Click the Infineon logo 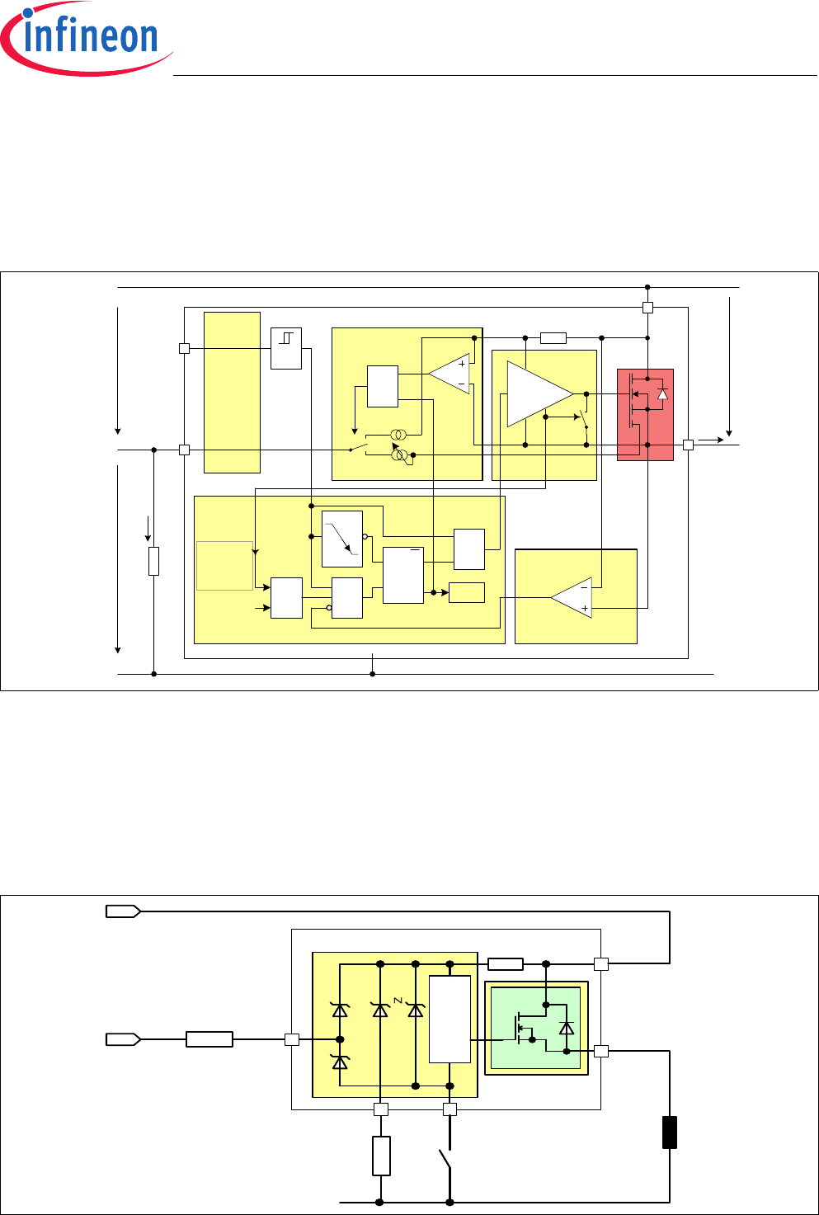pyautogui.click(x=86, y=38)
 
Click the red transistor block pyautogui.click(x=645, y=415)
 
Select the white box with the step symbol pyautogui.click(x=286, y=348)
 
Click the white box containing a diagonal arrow pyautogui.click(x=342, y=539)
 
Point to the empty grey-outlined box pyautogui.click(x=224, y=566)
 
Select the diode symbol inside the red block pyautogui.click(x=662, y=393)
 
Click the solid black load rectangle pyautogui.click(x=669, y=1133)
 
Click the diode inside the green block pyautogui.click(x=567, y=1028)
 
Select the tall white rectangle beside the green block pyautogui.click(x=450, y=1020)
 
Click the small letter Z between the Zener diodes pyautogui.click(x=398, y=1001)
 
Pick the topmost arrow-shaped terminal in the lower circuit pyautogui.click(x=123, y=911)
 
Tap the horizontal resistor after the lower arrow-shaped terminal pyautogui.click(x=209, y=1039)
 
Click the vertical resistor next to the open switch pyautogui.click(x=381, y=1156)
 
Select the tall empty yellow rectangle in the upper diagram pyautogui.click(x=232, y=393)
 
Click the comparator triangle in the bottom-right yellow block pyautogui.click(x=571, y=598)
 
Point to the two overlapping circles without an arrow pyautogui.click(x=398, y=435)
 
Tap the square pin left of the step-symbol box pyautogui.click(x=185, y=348)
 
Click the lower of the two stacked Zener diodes pyautogui.click(x=340, y=1062)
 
